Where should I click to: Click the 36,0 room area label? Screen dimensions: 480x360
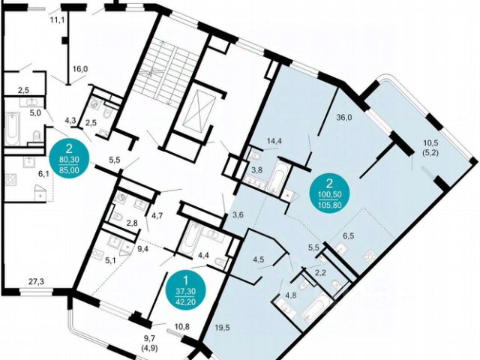(344, 116)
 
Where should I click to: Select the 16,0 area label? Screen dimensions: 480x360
(80, 69)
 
